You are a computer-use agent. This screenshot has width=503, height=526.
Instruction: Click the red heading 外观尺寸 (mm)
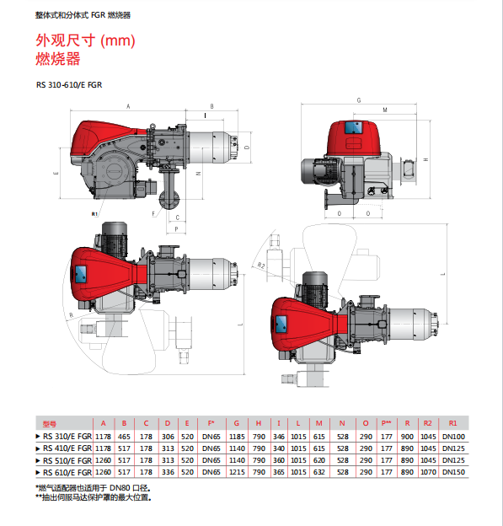point(85,40)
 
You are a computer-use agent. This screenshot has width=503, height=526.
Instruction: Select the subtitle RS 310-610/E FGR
point(69,85)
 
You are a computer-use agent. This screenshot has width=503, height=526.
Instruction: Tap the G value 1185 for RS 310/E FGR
point(237,437)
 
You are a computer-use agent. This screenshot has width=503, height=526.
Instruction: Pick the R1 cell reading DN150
point(453,472)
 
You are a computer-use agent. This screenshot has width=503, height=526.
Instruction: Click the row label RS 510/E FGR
point(67,460)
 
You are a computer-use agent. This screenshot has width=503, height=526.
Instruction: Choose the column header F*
point(211,423)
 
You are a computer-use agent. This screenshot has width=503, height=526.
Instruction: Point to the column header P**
point(386,423)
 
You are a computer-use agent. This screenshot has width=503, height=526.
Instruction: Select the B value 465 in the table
point(124,437)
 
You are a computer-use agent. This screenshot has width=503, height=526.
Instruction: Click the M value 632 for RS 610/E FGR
point(318,472)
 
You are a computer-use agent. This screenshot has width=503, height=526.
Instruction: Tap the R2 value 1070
point(428,472)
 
